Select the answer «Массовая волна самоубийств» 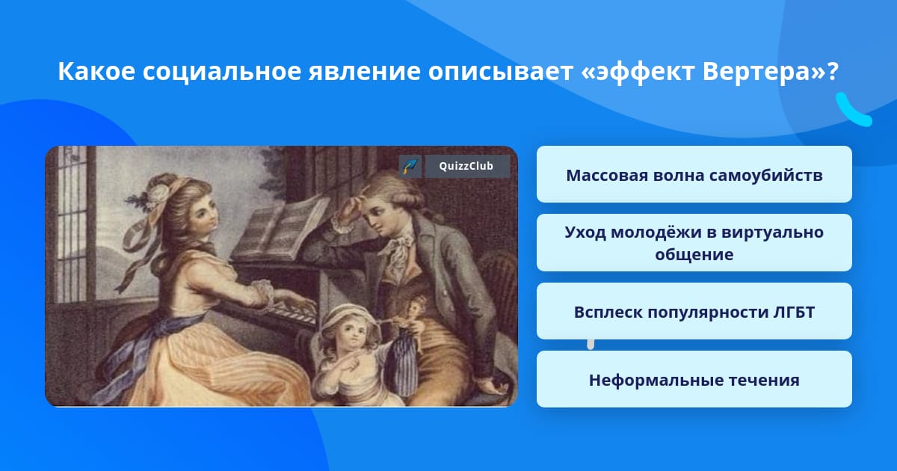tap(694, 174)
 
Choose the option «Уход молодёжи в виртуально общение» tap(694, 243)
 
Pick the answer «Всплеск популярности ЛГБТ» tap(694, 311)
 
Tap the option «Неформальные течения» tap(694, 379)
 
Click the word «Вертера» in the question tap(756, 72)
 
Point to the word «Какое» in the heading tap(96, 72)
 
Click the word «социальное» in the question tap(221, 72)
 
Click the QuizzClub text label tap(466, 166)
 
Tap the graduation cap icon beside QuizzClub tap(410, 166)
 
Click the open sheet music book tap(280, 228)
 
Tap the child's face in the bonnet tap(353, 336)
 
